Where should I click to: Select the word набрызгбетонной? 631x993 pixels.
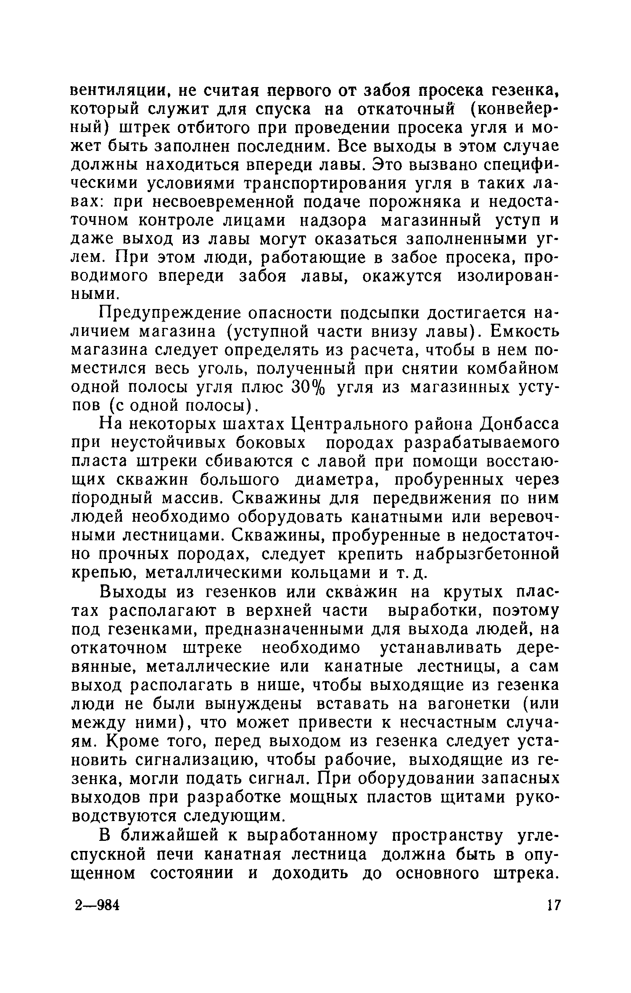pos(487,554)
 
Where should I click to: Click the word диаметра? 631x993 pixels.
pos(333,480)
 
